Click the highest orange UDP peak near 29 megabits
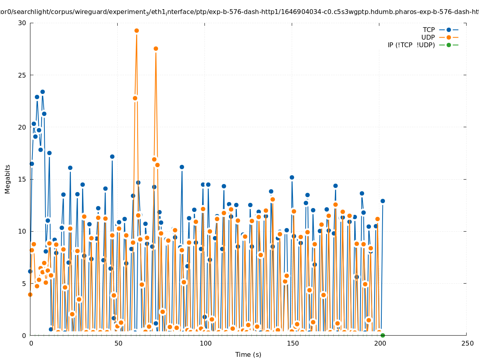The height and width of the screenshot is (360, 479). click(136, 31)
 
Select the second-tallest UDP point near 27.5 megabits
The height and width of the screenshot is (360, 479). click(156, 49)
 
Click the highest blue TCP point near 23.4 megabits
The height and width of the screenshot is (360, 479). click(42, 92)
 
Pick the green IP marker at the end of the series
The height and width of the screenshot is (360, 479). click(383, 335)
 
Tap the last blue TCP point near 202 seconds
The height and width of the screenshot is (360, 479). click(383, 201)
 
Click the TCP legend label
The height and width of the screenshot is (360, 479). click(429, 30)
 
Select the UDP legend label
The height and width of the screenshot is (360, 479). click(428, 38)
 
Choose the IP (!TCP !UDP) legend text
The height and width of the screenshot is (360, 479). click(411, 45)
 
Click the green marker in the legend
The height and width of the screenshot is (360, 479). click(449, 45)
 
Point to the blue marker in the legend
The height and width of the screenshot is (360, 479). click(449, 30)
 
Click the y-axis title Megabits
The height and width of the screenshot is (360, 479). click(8, 179)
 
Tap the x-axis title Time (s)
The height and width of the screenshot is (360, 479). click(248, 354)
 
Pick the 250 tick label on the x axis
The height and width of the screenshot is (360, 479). click(467, 344)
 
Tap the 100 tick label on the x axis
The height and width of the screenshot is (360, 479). click(205, 344)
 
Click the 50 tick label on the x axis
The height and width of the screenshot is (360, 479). click(118, 344)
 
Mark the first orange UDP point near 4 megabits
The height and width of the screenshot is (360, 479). click(30, 294)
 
